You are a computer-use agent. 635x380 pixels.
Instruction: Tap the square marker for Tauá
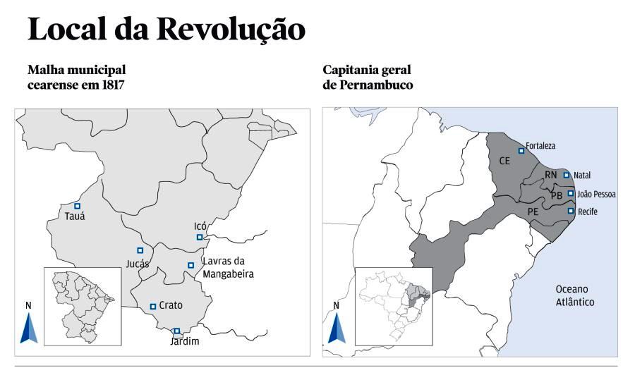click(x=78, y=205)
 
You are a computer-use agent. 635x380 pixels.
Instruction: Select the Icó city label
click(x=200, y=226)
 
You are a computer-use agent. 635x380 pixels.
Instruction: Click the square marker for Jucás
click(x=140, y=250)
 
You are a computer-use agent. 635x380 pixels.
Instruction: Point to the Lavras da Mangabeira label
click(x=227, y=268)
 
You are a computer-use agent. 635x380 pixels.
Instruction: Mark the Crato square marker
click(x=153, y=306)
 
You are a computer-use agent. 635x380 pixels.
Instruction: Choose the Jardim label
click(x=185, y=342)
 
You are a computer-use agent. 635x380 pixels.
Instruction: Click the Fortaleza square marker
click(x=521, y=150)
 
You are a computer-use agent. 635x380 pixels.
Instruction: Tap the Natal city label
click(x=582, y=175)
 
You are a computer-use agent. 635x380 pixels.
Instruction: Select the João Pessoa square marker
click(x=571, y=193)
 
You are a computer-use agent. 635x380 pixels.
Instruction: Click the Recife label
click(x=588, y=211)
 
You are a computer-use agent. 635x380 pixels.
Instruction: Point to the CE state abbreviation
click(x=504, y=161)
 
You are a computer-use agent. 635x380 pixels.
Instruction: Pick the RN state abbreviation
click(x=550, y=175)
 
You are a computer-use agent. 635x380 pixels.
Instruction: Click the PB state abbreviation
click(x=557, y=195)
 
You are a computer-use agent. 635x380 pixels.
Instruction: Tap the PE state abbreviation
click(x=533, y=211)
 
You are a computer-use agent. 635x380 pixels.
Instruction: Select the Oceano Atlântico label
click(x=571, y=295)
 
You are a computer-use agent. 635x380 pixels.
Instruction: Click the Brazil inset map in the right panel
click(x=392, y=306)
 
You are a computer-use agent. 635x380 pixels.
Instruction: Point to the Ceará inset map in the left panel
click(x=82, y=306)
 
